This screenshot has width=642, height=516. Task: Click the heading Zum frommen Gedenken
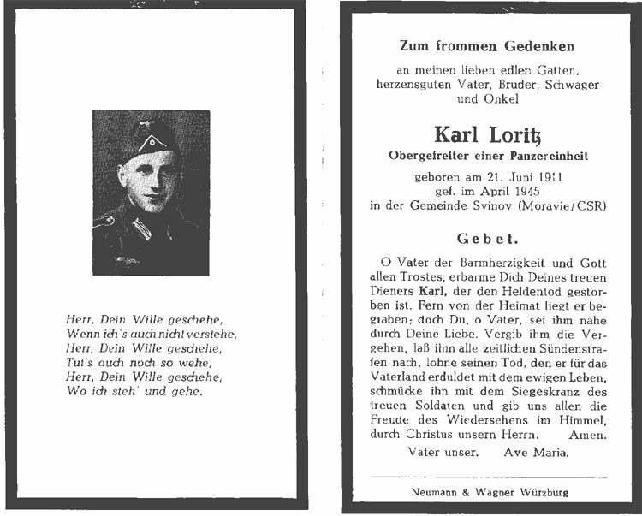pos(486,45)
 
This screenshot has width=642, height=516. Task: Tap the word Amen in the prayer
pos(590,436)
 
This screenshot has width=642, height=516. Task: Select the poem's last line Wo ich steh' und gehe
pos(134,391)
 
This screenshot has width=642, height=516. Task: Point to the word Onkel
pos(500,99)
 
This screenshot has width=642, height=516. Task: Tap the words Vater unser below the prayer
pos(443,451)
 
